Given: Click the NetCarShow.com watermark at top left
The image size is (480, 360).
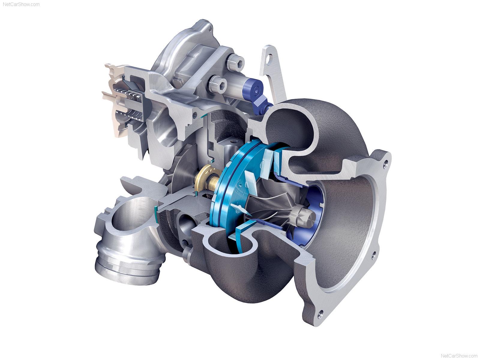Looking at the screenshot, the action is (21, 4).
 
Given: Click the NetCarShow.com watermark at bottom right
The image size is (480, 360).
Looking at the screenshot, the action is (459, 355).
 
